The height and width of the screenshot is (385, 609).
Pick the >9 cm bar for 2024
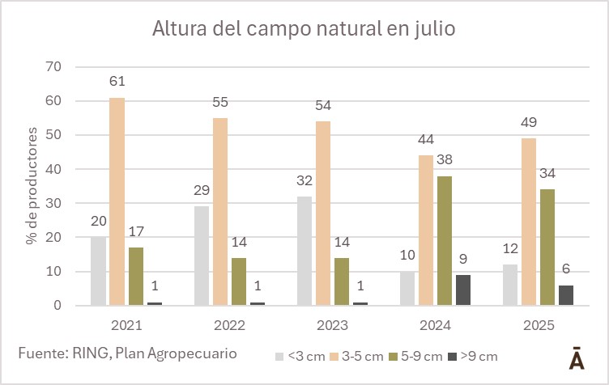pos(462,290)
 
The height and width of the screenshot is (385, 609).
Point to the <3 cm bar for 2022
pos(201,256)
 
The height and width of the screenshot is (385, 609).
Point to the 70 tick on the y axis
pos(53,67)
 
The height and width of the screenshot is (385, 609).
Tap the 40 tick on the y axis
pos(53,170)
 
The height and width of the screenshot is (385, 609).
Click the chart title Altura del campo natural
pos(304,30)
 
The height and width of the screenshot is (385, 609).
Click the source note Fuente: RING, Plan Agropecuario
pos(128,353)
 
